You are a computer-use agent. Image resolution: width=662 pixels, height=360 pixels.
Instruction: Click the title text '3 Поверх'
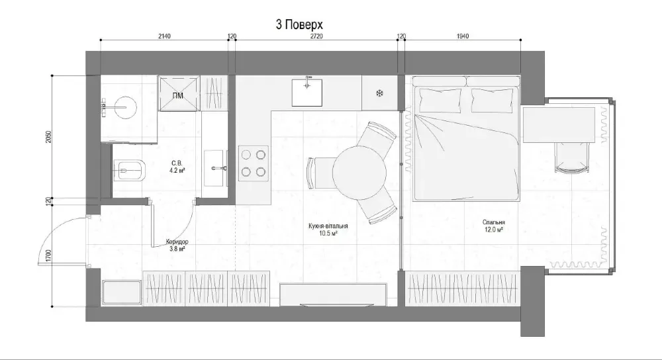(x=303, y=24)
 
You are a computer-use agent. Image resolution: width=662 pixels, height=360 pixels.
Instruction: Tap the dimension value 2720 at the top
(x=316, y=36)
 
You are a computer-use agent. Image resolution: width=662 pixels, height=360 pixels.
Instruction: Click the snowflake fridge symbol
(x=380, y=93)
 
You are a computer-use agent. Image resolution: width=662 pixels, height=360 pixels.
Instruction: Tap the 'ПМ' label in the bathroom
(x=177, y=97)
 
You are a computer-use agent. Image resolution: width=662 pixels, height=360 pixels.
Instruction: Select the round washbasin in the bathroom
(x=124, y=106)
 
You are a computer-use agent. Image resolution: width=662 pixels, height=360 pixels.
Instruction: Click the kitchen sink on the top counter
(x=307, y=91)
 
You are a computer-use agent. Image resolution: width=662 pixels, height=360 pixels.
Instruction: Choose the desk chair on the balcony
(x=570, y=157)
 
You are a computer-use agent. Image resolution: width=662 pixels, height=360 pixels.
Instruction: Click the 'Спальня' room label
(x=494, y=223)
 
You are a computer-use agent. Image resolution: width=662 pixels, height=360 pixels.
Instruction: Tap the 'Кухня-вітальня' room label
(x=328, y=226)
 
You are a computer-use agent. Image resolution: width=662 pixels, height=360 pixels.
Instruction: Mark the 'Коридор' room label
(x=177, y=243)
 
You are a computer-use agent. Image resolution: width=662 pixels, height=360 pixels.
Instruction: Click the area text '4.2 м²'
(x=176, y=170)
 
